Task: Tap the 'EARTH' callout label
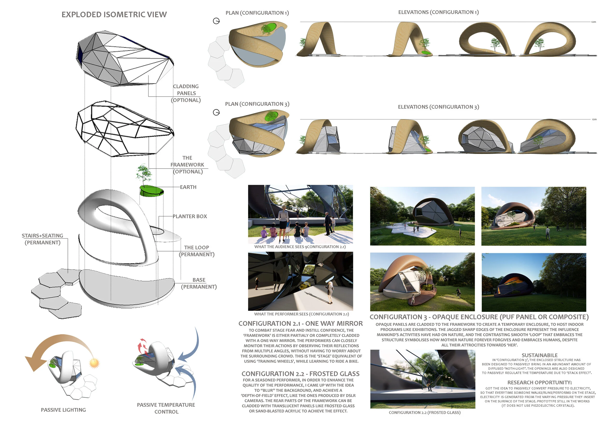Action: point(188,187)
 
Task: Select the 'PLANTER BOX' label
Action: point(190,216)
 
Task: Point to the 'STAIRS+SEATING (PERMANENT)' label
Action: point(42,239)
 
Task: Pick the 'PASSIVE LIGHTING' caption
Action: point(63,410)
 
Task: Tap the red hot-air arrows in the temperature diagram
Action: point(142,345)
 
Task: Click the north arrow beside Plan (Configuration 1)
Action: point(216,21)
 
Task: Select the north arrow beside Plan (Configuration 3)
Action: point(216,113)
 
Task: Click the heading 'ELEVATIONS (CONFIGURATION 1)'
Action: point(438,12)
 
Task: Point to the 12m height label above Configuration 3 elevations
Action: point(594,119)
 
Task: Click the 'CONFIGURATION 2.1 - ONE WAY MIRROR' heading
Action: point(300,323)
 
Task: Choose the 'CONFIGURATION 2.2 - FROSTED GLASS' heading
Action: point(300,374)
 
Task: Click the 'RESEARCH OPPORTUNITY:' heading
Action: point(539,382)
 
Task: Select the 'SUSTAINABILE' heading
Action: point(539,355)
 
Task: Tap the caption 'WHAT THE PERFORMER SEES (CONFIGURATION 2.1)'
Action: point(302,314)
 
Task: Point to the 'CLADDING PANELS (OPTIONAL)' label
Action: point(186,93)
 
